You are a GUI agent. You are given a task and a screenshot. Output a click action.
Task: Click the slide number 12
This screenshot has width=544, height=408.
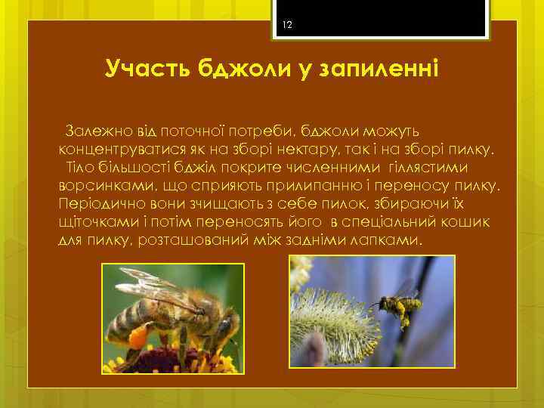287,26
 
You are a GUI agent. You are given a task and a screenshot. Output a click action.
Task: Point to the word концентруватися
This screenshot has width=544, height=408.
118,150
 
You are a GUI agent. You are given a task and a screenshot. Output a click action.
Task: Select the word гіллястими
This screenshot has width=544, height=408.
427,167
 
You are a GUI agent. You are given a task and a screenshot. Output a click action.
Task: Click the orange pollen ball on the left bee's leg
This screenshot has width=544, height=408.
138,335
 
